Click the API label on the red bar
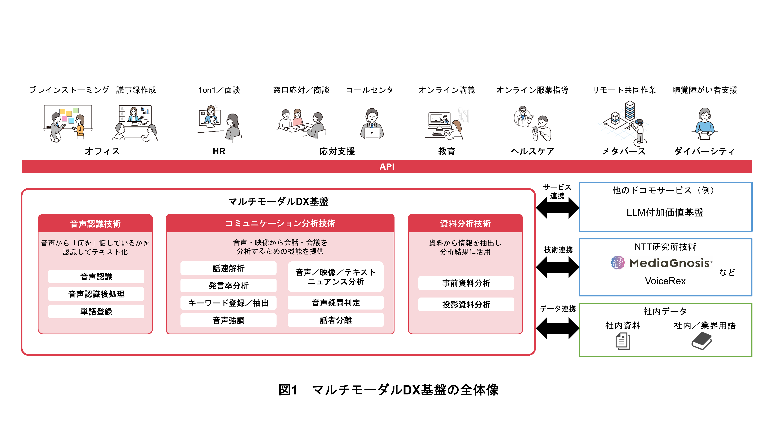[x=387, y=167]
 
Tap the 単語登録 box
[x=96, y=311]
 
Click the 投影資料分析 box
[x=466, y=305]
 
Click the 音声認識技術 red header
[x=95, y=224]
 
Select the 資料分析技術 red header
[x=465, y=224]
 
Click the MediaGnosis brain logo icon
[x=617, y=262]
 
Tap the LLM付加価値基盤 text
[x=665, y=212]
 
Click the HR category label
[x=219, y=151]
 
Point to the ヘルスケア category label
[x=532, y=151]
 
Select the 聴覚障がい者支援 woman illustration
[x=705, y=124]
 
